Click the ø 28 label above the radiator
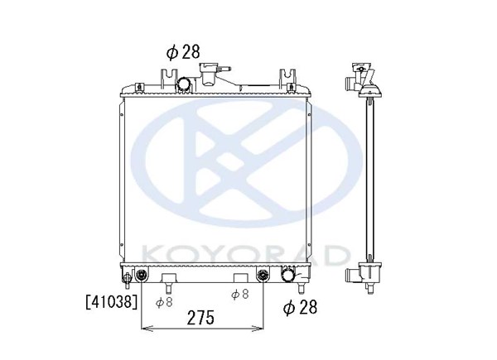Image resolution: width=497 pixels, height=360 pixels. click(x=183, y=52)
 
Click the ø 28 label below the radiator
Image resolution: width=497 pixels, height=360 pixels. click(x=300, y=307)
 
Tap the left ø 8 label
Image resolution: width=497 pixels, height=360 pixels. click(x=164, y=302)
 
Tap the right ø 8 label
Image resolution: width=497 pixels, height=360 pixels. click(x=240, y=295)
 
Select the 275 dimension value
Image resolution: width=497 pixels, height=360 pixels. click(x=200, y=318)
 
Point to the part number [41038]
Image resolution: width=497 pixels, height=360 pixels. click(x=112, y=302)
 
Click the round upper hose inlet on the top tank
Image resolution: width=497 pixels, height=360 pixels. click(x=184, y=84)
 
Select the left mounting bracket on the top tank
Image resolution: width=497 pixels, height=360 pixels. click(x=168, y=79)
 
